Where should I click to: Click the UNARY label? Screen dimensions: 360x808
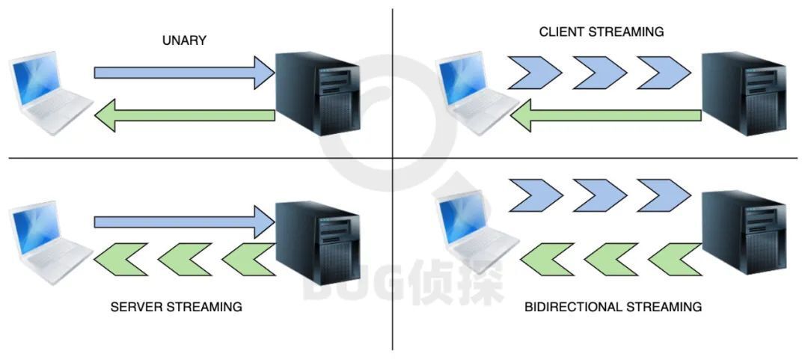(x=184, y=40)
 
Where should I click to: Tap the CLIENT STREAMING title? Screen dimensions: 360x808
(x=602, y=32)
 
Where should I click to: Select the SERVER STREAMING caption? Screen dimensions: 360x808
(x=177, y=307)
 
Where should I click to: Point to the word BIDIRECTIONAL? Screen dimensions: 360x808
(x=573, y=307)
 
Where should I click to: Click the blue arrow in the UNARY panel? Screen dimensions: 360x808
(x=184, y=73)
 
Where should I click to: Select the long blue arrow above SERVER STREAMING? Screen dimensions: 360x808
(x=184, y=222)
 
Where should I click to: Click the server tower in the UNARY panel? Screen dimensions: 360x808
(x=317, y=93)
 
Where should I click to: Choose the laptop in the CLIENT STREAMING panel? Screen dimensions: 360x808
(x=476, y=93)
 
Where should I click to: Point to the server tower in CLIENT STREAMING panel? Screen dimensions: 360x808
(x=744, y=93)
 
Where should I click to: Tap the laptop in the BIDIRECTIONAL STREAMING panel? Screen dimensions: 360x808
(x=476, y=232)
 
